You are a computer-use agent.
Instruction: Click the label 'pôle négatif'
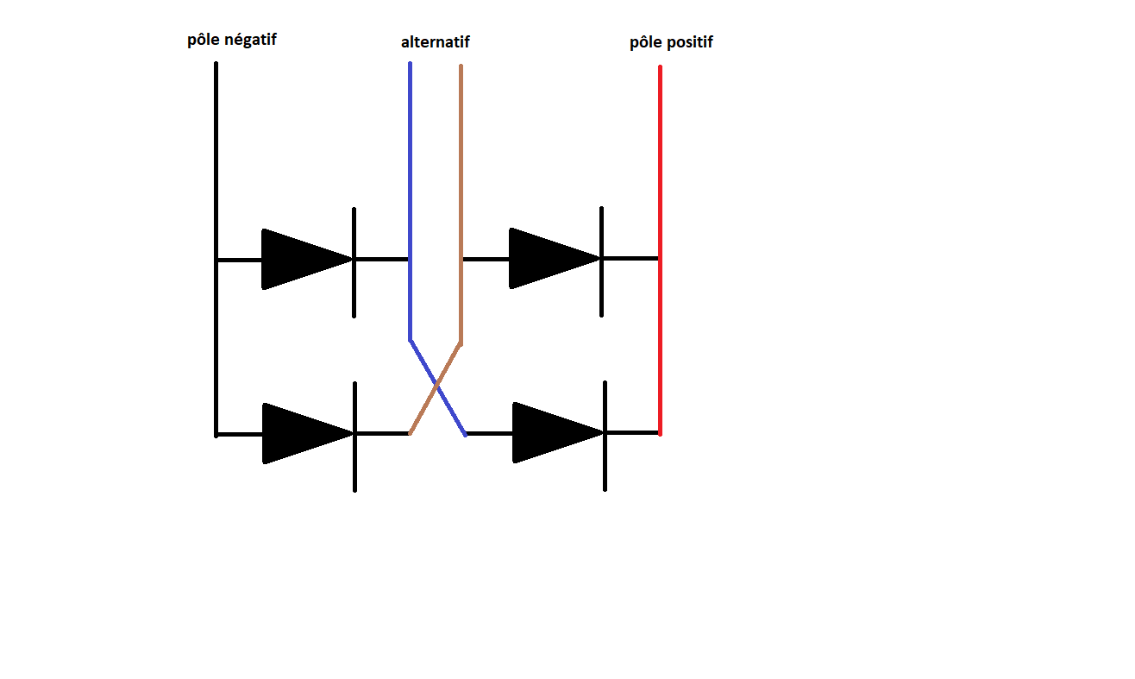[x=232, y=40]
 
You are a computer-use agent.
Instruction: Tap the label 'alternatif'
[x=436, y=42]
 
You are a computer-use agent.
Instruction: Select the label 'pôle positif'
[x=671, y=42]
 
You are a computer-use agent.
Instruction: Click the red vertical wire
[x=660, y=173]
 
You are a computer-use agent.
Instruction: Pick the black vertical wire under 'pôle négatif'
[x=216, y=155]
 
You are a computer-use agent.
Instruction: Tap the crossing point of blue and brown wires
[x=437, y=385]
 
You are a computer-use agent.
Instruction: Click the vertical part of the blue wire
[x=410, y=173]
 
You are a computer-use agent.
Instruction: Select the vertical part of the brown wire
[x=461, y=173]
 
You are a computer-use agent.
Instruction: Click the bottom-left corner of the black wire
[x=216, y=434]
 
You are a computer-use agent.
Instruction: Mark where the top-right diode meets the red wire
[x=660, y=258]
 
